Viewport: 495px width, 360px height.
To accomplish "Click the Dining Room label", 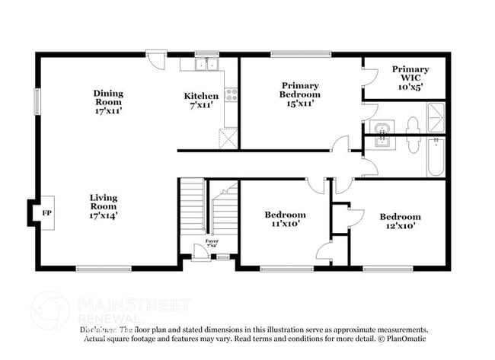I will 108,102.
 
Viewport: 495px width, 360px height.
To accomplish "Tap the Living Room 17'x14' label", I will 103,206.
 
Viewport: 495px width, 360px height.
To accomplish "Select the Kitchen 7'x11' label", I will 202,101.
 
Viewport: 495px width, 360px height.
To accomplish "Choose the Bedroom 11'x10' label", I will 285,219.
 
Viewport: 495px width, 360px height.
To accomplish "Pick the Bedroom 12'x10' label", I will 400,221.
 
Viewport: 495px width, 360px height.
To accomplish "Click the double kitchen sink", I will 203,65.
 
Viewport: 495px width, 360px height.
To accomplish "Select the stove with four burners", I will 232,96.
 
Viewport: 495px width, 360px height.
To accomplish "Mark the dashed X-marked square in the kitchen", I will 228,139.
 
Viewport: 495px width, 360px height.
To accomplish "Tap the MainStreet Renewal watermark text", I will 134,306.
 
